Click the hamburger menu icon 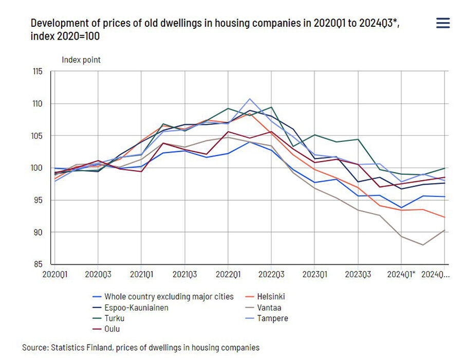tap(442, 23)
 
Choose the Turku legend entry tap(114, 318)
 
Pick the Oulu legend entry tap(112, 329)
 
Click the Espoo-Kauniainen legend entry tap(136, 308)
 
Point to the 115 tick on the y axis tap(37, 71)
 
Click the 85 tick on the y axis tap(38, 264)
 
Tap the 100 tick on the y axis tap(37, 168)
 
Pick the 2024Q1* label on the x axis tap(402, 275)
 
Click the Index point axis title tap(81, 60)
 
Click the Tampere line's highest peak tap(250, 99)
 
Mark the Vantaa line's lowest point tap(423, 245)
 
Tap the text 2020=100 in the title tap(78, 37)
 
